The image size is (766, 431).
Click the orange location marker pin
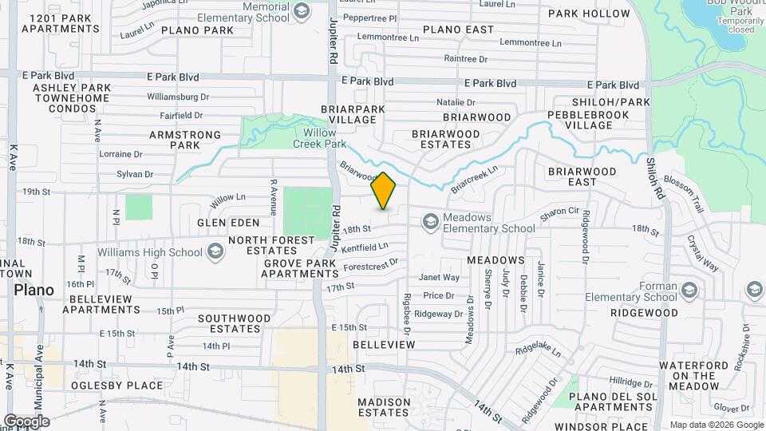tap(384, 191)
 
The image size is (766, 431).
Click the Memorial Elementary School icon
tap(302, 10)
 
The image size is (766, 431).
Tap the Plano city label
tap(34, 290)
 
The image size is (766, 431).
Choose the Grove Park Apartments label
tap(301, 268)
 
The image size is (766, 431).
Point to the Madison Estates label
tap(384, 407)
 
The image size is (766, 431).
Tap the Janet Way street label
tap(440, 278)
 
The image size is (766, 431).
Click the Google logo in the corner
tap(26, 421)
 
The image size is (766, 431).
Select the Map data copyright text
tap(716, 425)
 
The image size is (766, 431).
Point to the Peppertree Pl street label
tap(369, 18)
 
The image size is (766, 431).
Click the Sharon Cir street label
tap(559, 212)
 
